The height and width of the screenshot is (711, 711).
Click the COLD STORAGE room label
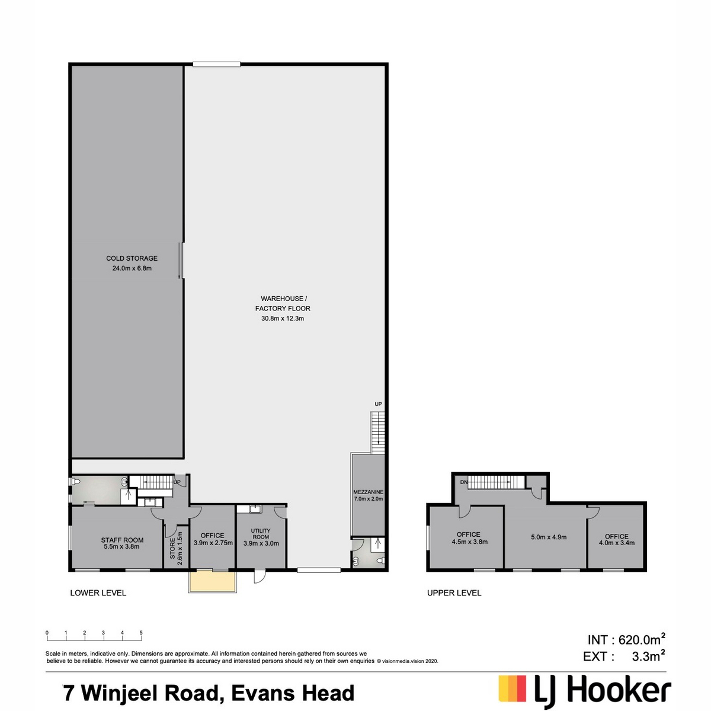(x=132, y=258)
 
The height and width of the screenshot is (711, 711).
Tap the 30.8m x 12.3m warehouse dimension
(x=283, y=318)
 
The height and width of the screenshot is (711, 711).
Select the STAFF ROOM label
(x=122, y=540)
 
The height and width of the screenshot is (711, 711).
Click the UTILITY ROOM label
(x=261, y=533)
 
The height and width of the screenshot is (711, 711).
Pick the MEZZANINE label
(x=368, y=492)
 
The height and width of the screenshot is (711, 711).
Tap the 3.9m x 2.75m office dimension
(x=213, y=543)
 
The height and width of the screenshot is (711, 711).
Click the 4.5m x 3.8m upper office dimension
(x=470, y=542)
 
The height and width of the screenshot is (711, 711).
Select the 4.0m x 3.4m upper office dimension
(x=617, y=543)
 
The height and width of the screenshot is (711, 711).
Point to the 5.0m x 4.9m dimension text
(x=549, y=537)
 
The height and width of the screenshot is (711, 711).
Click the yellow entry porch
(x=212, y=581)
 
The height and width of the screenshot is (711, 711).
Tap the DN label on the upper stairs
(x=464, y=482)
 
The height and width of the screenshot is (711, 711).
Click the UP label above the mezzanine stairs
(x=378, y=404)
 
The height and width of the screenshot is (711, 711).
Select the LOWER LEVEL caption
(x=98, y=593)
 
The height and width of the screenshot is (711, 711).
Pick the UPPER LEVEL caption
(x=454, y=593)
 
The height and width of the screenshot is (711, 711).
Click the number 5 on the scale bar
(x=141, y=632)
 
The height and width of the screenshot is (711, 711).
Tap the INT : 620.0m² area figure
(x=627, y=649)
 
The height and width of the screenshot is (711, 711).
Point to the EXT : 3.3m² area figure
(x=624, y=667)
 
